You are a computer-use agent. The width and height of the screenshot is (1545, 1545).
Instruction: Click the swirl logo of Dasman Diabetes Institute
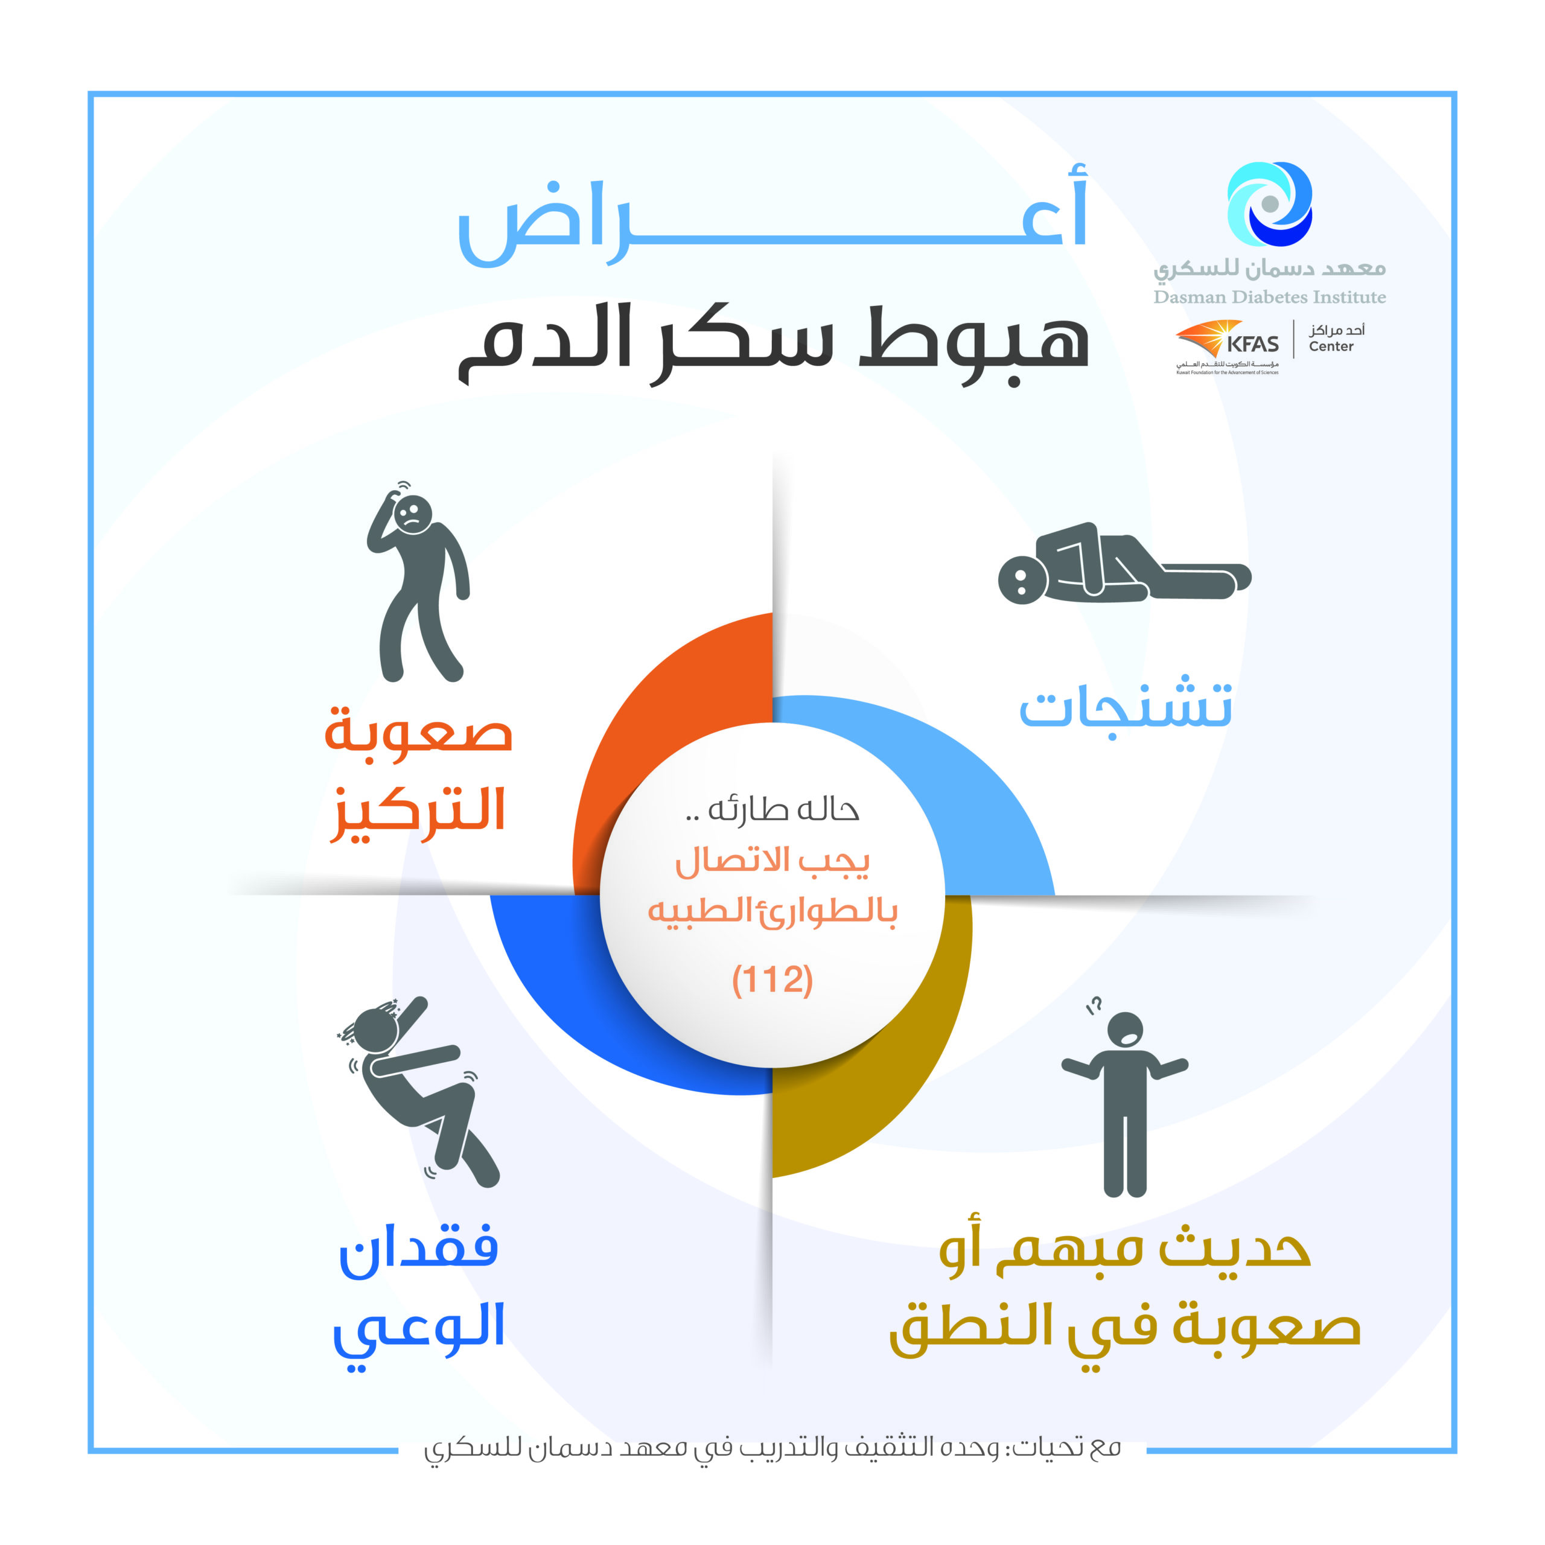click(x=1269, y=203)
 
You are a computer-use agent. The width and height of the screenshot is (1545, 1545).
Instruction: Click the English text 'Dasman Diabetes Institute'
click(x=1269, y=298)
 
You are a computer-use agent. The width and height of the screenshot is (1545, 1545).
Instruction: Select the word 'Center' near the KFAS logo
click(x=1331, y=346)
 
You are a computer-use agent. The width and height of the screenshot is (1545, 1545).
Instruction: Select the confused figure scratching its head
click(x=418, y=581)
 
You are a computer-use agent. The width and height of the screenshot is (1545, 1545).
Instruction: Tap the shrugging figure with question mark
click(x=1124, y=1097)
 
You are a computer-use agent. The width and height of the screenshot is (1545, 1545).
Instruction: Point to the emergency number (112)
click(x=772, y=980)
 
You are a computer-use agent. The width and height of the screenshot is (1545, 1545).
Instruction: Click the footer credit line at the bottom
click(x=772, y=1448)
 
